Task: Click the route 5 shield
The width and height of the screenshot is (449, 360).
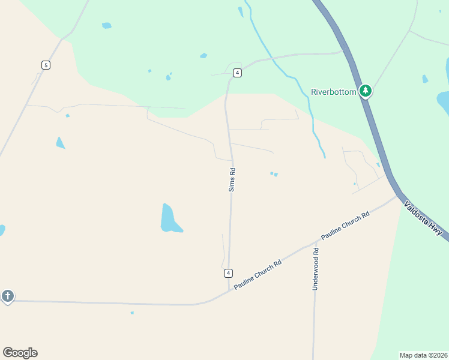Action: [45, 65]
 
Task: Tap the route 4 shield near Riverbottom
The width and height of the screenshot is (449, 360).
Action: [238, 73]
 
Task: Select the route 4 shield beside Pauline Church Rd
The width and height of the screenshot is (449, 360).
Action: [228, 273]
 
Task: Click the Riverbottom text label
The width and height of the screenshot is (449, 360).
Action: [333, 92]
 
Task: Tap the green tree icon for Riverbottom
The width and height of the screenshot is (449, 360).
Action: [366, 91]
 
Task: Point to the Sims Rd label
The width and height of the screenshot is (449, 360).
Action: [232, 180]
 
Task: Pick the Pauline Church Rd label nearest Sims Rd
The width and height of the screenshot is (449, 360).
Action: [258, 275]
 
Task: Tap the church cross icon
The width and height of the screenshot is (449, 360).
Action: [7, 296]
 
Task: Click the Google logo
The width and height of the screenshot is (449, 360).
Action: [20, 353]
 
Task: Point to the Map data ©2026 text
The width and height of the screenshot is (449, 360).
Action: [424, 355]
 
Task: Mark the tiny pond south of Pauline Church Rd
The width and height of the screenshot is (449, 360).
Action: [132, 313]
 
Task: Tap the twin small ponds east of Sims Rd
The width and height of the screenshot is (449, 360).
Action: [274, 174]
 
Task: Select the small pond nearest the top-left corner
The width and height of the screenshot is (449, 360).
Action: [106, 26]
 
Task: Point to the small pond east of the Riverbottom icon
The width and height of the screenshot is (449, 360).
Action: [425, 79]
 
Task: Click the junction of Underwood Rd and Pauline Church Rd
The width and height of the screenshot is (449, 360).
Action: [315, 244]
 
